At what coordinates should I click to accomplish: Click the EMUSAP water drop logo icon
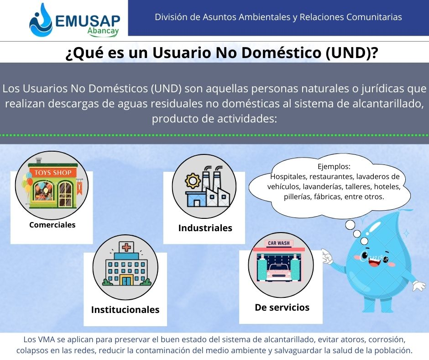(x=41, y=21)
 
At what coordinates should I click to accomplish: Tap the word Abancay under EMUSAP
(x=103, y=31)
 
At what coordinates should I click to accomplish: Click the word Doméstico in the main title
(x=281, y=53)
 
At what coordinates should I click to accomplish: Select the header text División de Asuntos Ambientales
(x=222, y=17)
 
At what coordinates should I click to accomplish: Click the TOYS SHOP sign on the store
(x=53, y=173)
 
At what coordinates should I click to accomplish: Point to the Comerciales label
(x=52, y=225)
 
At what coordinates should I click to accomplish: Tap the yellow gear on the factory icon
(x=193, y=181)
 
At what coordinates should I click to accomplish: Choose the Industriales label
(x=205, y=228)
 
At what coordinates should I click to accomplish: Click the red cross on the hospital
(x=126, y=248)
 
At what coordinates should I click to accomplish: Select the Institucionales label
(x=126, y=310)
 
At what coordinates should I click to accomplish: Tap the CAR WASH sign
(x=278, y=243)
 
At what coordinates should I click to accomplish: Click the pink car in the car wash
(x=279, y=272)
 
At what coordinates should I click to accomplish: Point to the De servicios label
(x=282, y=307)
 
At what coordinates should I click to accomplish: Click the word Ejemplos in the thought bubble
(x=334, y=167)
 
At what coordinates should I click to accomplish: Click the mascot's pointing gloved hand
(x=327, y=257)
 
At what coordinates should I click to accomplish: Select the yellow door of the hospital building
(x=126, y=281)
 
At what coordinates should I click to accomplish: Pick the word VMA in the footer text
(x=46, y=339)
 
